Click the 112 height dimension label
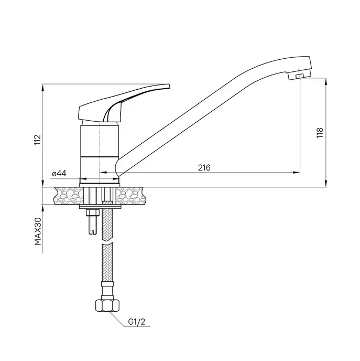[x=38, y=140]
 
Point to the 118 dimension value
[x=320, y=133]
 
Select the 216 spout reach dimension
[x=204, y=167]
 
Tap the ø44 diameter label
[x=59, y=173]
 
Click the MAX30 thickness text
[x=38, y=231]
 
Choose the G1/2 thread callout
[x=137, y=322]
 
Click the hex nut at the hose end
[x=107, y=305]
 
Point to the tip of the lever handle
[x=169, y=86]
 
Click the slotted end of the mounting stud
[x=93, y=232]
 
